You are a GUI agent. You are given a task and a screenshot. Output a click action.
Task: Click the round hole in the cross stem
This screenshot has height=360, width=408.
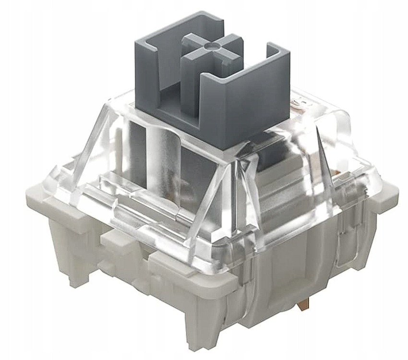[x=210, y=47]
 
